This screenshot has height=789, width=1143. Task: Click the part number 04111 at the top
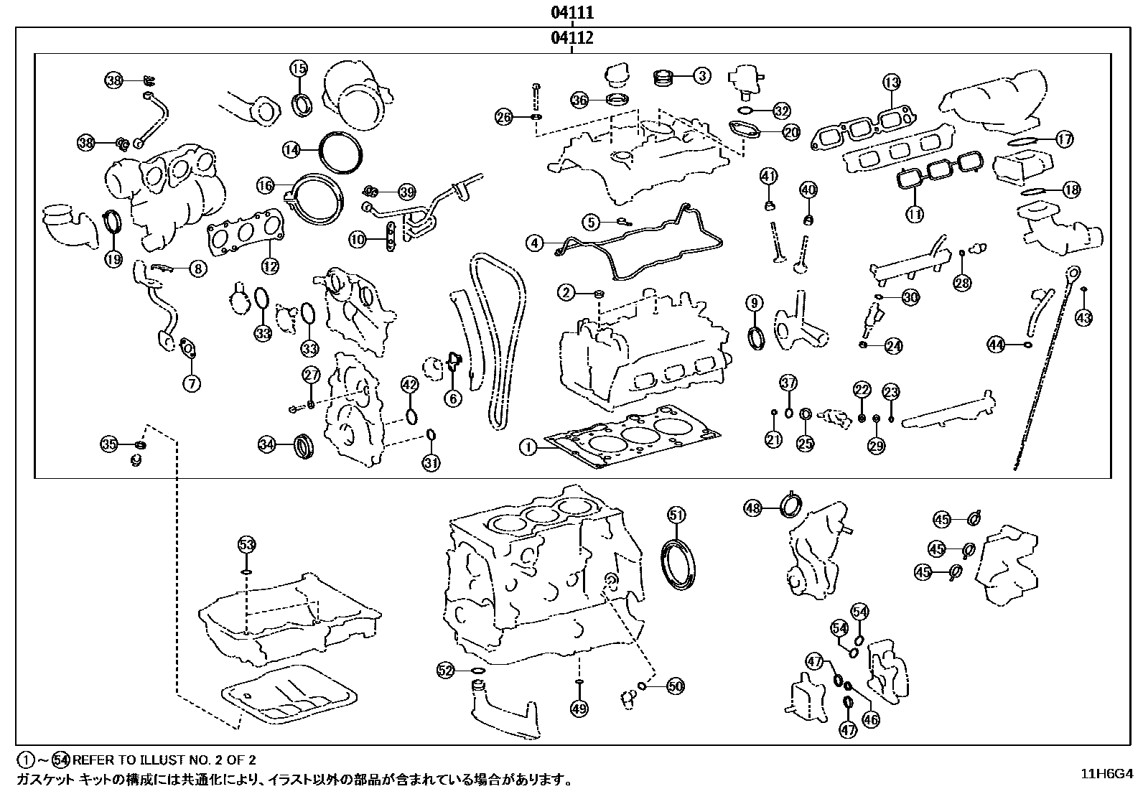click(x=571, y=12)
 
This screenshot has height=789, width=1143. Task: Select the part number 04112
click(x=571, y=38)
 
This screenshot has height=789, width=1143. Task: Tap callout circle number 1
click(x=528, y=448)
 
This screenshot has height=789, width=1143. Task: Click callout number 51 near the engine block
click(x=677, y=514)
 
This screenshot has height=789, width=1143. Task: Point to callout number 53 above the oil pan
click(x=246, y=545)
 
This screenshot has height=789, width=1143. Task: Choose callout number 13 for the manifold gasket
click(x=891, y=83)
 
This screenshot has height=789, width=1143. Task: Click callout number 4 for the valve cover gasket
click(x=534, y=243)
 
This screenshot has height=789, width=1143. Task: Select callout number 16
click(x=266, y=186)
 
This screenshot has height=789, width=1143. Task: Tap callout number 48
click(x=752, y=508)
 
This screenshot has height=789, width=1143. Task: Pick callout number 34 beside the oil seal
click(x=267, y=445)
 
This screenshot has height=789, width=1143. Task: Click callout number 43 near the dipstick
click(x=1084, y=317)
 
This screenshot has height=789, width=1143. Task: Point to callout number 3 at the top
click(x=702, y=75)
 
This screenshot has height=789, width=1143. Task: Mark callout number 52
click(x=446, y=671)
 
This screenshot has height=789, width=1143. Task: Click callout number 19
click(x=113, y=259)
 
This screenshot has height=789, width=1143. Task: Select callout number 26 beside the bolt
click(x=505, y=116)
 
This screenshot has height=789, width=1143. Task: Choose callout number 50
click(x=676, y=686)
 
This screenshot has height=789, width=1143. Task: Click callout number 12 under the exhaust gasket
click(x=269, y=266)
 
